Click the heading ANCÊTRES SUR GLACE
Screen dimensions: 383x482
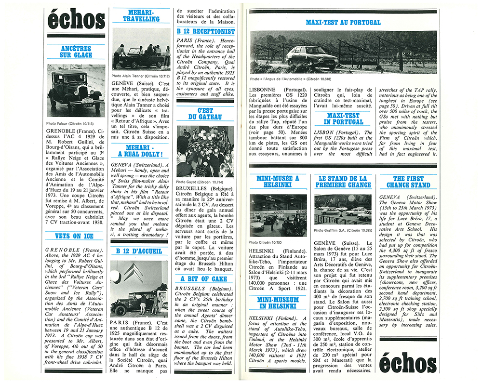click(76, 52)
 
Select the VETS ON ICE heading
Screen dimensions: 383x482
click(76, 236)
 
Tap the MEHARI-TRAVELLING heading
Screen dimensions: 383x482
click(141, 15)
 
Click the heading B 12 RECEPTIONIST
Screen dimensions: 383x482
click(205, 31)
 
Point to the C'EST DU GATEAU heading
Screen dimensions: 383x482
click(205, 114)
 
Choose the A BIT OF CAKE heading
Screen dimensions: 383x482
click(205, 278)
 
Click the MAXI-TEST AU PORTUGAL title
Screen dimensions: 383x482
click(343, 22)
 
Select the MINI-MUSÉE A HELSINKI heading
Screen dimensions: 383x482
click(278, 182)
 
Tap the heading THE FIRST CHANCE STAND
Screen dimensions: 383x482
click(408, 182)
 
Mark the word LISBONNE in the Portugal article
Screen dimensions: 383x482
click(264, 89)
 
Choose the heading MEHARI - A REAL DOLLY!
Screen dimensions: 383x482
click(141, 150)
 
